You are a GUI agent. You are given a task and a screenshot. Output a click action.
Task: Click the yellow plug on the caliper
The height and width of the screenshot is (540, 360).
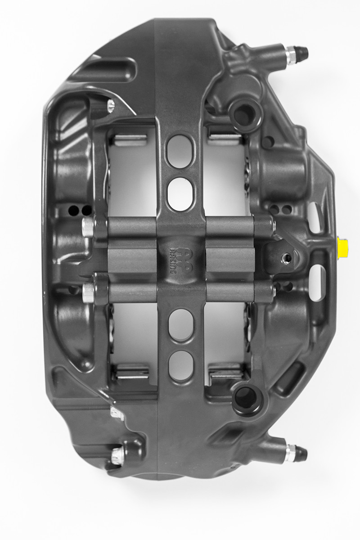[x=343, y=247]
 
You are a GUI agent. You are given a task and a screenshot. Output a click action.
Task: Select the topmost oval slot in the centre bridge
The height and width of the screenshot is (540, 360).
[x=180, y=152]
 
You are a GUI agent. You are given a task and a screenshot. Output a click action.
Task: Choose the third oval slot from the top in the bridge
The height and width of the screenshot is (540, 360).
[x=180, y=324]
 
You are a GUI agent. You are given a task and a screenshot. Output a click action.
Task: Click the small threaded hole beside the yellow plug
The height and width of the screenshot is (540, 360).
[x=285, y=258]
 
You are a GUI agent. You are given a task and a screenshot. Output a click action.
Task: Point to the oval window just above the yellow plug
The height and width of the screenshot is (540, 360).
[x=316, y=218]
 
